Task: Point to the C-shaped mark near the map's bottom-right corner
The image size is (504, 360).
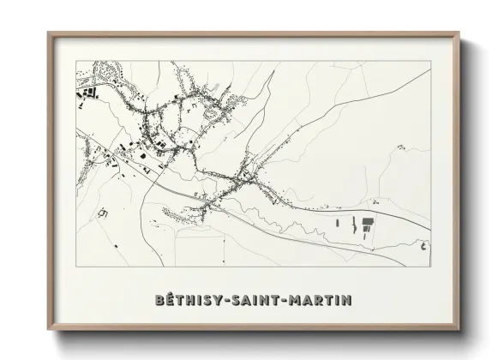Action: point(423,246)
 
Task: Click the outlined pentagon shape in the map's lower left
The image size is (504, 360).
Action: point(103,211)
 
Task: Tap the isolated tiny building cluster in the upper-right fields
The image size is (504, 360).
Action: point(400,147)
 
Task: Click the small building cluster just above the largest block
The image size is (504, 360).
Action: point(374,202)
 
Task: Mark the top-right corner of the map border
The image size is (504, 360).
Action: point(429,61)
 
